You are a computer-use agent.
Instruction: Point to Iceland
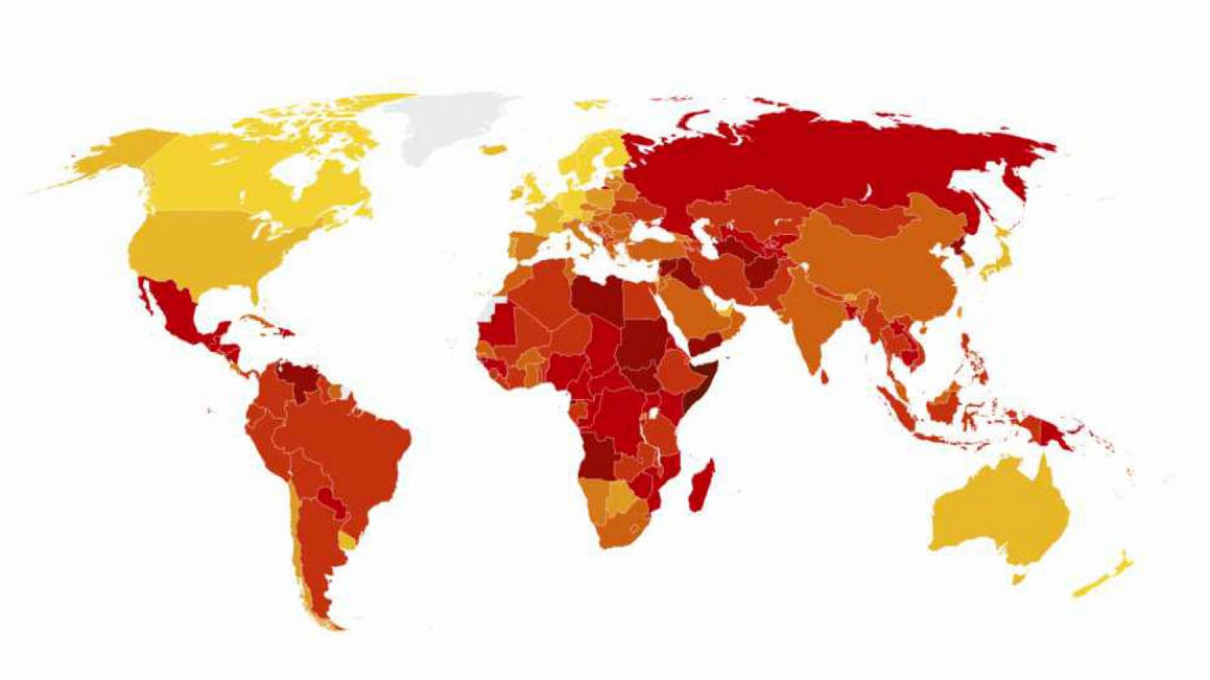493,150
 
